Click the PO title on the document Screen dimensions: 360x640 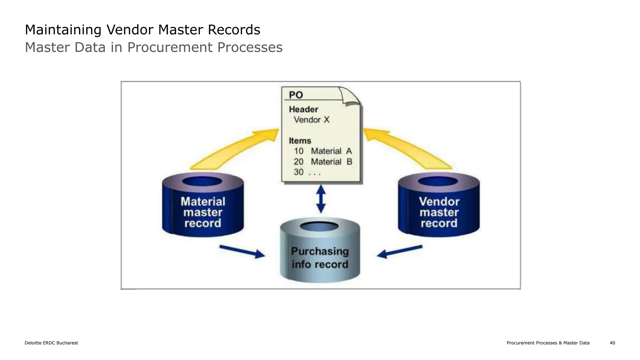pyautogui.click(x=296, y=95)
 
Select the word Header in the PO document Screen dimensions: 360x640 pyautogui.click(x=303, y=109)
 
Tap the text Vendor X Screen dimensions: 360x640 pyautogui.click(x=311, y=120)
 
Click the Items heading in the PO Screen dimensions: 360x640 pyautogui.click(x=300, y=141)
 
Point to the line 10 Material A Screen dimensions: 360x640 pyautogui.click(x=322, y=151)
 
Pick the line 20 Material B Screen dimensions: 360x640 pyautogui.click(x=322, y=162)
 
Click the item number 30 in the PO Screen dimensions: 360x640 pyautogui.click(x=298, y=172)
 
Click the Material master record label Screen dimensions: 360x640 pyautogui.click(x=203, y=212)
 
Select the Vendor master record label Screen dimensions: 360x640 pyautogui.click(x=439, y=212)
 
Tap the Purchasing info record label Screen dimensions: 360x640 pyautogui.click(x=320, y=258)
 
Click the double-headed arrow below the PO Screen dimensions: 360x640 pyautogui.click(x=321, y=199)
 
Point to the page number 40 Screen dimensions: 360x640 pyautogui.click(x=612, y=343)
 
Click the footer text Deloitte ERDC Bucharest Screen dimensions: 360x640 pyautogui.click(x=51, y=343)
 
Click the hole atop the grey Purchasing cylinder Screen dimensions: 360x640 pyautogui.click(x=319, y=227)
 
